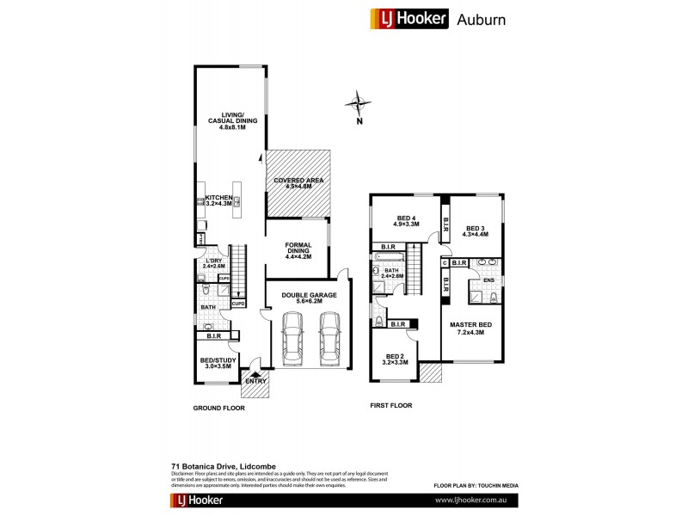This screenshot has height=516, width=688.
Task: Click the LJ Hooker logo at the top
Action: [x=409, y=18]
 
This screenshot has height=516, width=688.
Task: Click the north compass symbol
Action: [x=358, y=104]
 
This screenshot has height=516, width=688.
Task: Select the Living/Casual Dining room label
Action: [x=228, y=122]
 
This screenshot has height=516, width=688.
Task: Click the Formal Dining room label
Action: [x=298, y=249]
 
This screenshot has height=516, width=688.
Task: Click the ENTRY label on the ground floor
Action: [x=256, y=380]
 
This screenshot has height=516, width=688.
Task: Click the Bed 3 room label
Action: [x=475, y=230]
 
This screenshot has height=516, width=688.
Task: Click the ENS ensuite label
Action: [x=486, y=279]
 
